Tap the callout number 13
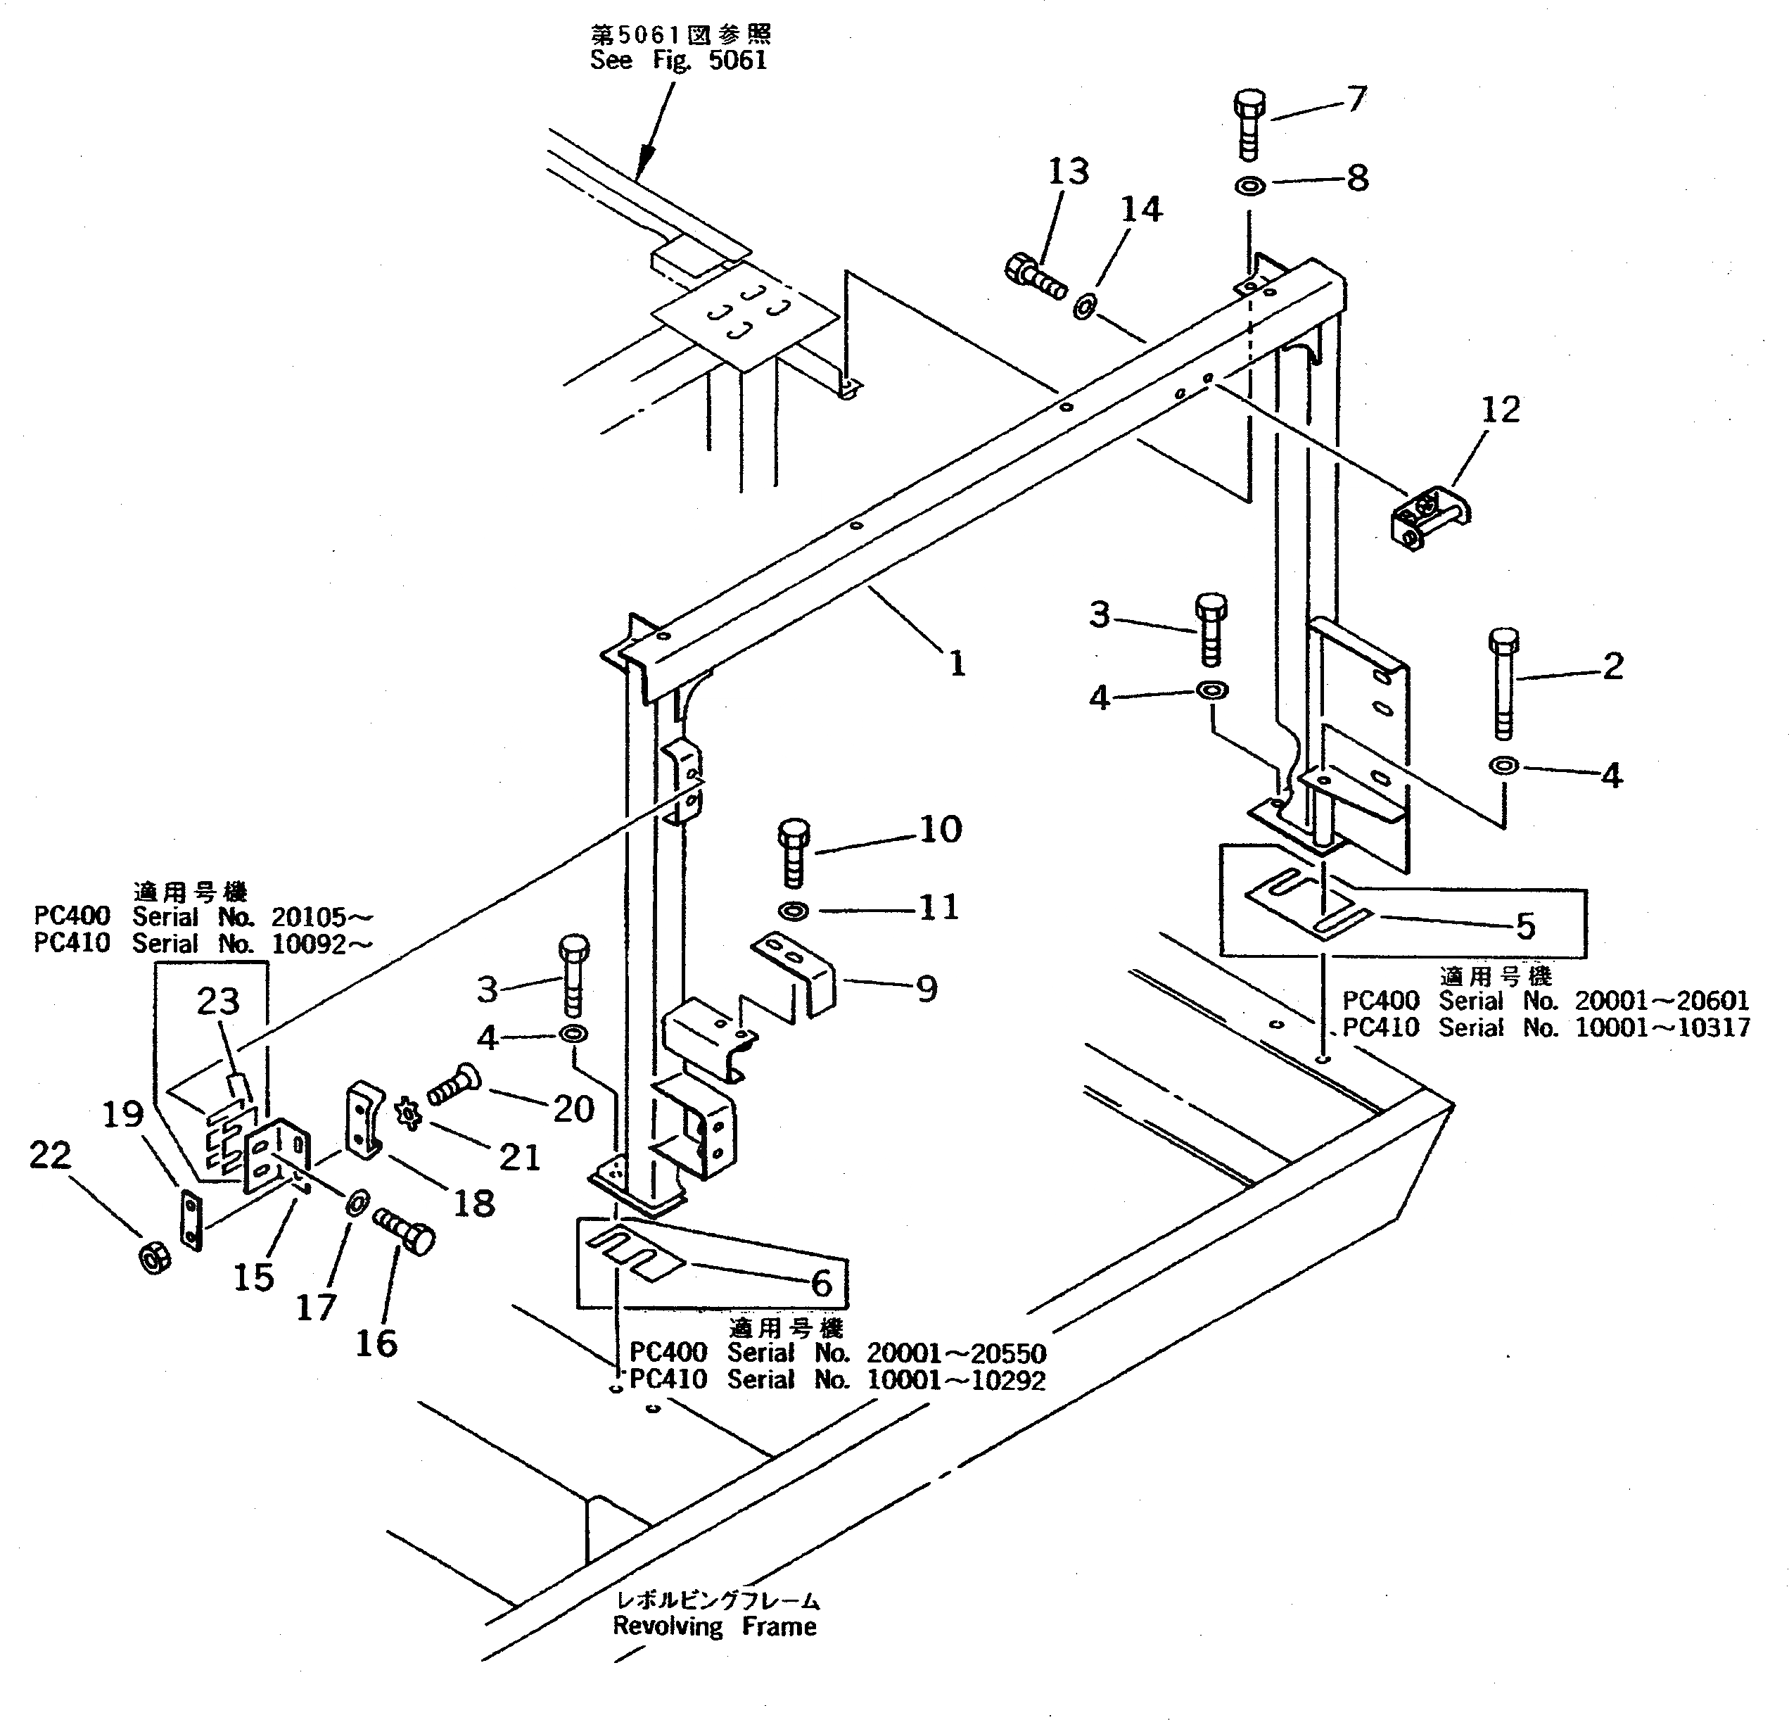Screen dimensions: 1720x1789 (1068, 172)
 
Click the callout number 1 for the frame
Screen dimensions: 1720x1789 (957, 664)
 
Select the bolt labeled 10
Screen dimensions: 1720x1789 (793, 851)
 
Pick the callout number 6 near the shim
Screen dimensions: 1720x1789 (822, 1283)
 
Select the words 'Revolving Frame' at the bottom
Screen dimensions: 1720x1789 (715, 1626)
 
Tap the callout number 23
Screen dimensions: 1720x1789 (218, 1001)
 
